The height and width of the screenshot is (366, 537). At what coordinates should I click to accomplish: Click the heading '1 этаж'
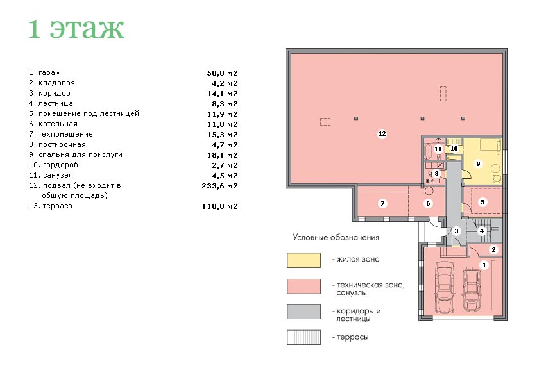(x=76, y=29)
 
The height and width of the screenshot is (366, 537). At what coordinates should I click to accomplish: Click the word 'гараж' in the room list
(x=49, y=72)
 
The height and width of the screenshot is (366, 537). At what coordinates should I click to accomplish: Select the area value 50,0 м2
(x=222, y=73)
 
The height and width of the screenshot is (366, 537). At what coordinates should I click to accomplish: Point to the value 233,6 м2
(x=219, y=186)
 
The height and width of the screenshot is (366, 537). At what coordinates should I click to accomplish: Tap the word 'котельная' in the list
(x=58, y=124)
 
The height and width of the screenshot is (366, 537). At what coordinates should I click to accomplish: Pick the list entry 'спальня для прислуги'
(x=80, y=154)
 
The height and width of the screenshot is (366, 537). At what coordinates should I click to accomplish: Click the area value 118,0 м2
(x=219, y=206)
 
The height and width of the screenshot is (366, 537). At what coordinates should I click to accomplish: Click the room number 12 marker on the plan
(x=382, y=134)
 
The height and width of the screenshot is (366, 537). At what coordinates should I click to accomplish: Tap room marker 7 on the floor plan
(x=382, y=204)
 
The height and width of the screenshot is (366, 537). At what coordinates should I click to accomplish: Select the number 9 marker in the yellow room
(x=478, y=163)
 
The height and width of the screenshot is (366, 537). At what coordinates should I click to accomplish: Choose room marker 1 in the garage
(x=484, y=265)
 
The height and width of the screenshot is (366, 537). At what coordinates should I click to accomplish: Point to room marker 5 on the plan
(x=482, y=202)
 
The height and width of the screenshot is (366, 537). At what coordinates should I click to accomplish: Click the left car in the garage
(x=444, y=287)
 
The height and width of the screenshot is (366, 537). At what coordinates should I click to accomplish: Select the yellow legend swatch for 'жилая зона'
(x=303, y=260)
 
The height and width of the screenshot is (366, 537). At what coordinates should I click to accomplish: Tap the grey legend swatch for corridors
(x=303, y=312)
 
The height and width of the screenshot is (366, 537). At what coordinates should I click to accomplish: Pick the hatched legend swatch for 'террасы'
(x=303, y=337)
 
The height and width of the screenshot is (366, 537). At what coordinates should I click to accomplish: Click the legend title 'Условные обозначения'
(x=336, y=237)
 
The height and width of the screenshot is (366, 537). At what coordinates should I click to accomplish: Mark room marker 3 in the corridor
(x=456, y=231)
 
